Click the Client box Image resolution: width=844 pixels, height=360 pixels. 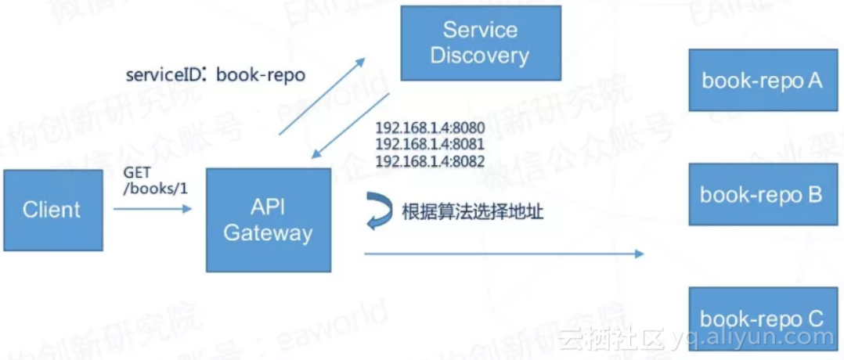[x=52, y=210]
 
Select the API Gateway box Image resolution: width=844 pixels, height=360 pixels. [x=268, y=221]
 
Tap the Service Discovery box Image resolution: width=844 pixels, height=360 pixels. [x=480, y=42]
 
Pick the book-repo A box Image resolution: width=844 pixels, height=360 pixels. [x=762, y=80]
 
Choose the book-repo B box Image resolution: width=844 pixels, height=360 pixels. [x=762, y=194]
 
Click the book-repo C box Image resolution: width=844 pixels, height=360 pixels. [x=762, y=318]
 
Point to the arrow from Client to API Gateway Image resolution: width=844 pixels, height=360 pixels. [x=152, y=209]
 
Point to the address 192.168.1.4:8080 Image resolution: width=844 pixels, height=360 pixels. [x=430, y=128]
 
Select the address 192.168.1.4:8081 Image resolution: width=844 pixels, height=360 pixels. [x=430, y=144]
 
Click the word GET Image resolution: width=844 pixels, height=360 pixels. [x=139, y=172]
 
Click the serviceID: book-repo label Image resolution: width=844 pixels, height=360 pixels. [x=215, y=75]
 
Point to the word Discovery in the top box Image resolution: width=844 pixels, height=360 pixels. [x=480, y=56]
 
